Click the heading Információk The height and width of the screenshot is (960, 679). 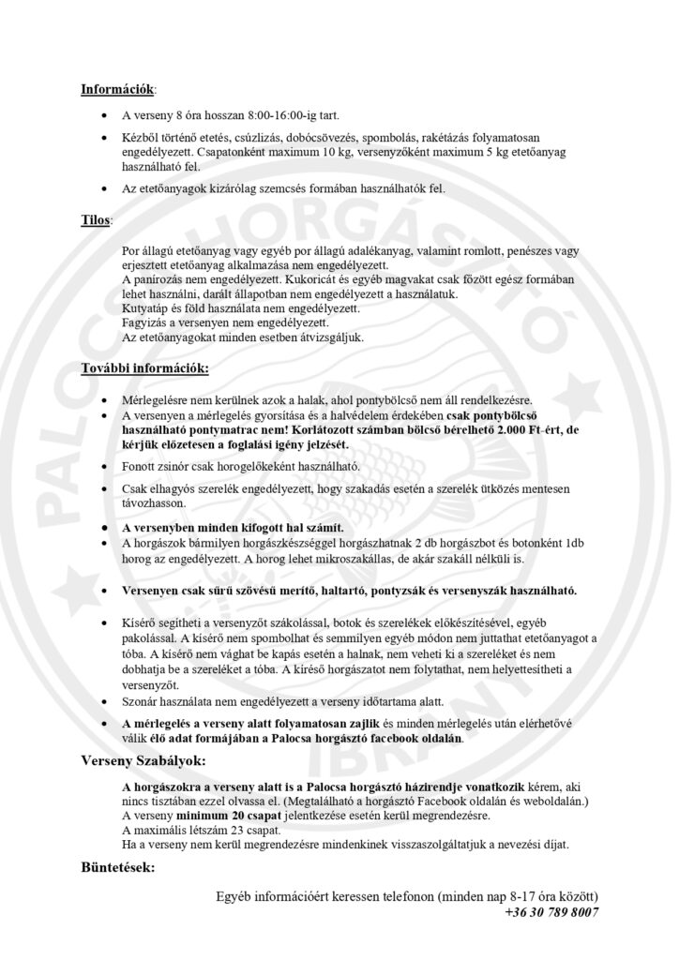click(x=118, y=91)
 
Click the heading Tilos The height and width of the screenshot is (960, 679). click(x=96, y=220)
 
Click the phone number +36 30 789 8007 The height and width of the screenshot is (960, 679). click(x=551, y=911)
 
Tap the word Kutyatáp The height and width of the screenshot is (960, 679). click(x=146, y=308)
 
